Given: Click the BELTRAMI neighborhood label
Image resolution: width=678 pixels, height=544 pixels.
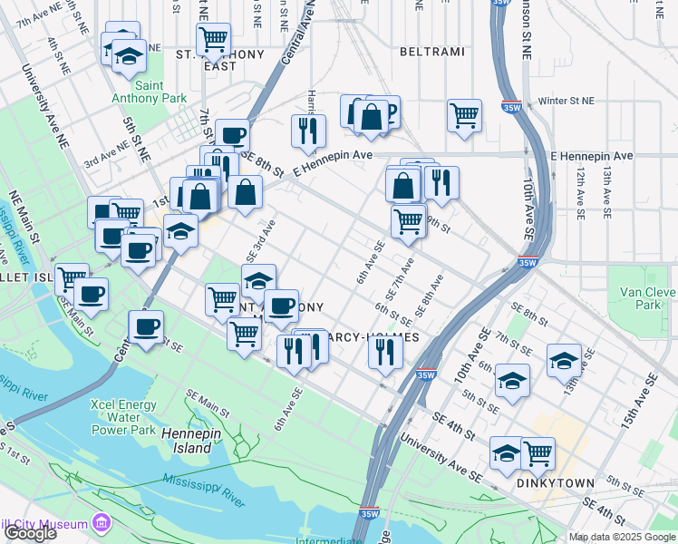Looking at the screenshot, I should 431,53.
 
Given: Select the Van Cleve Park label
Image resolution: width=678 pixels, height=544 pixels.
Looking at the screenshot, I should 648,298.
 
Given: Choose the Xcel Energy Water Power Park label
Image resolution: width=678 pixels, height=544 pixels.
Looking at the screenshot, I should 123,416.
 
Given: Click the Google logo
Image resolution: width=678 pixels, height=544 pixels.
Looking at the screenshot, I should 30,533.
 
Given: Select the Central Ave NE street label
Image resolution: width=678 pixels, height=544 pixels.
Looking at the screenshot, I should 297,41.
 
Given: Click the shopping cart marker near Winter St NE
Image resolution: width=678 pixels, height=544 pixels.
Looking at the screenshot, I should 464,115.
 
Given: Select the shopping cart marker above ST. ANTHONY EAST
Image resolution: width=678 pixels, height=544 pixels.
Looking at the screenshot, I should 213,39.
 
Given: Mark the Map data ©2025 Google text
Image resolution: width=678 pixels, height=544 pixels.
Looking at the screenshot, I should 621,537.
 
